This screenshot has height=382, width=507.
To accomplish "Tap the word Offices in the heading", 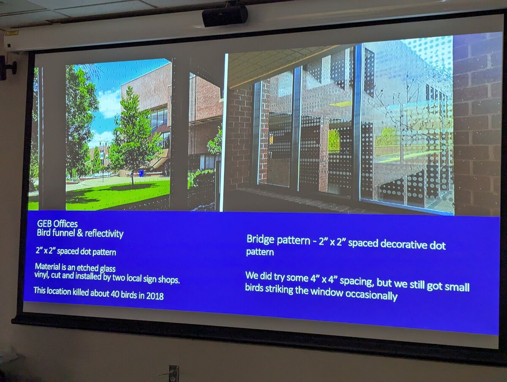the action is click(66, 224).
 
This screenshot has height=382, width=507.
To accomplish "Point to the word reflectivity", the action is click(104, 234).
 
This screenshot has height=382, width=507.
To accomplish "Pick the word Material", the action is click(48, 267).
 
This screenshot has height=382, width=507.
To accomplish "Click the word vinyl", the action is click(41, 275).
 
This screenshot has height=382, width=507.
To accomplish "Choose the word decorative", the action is click(402, 244).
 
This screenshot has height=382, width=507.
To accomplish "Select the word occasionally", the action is click(375, 295).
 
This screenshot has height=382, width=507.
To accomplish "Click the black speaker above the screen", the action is click(225, 16).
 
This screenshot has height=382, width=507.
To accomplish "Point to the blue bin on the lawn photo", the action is click(141, 173).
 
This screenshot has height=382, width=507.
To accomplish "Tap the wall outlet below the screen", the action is click(174, 374).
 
